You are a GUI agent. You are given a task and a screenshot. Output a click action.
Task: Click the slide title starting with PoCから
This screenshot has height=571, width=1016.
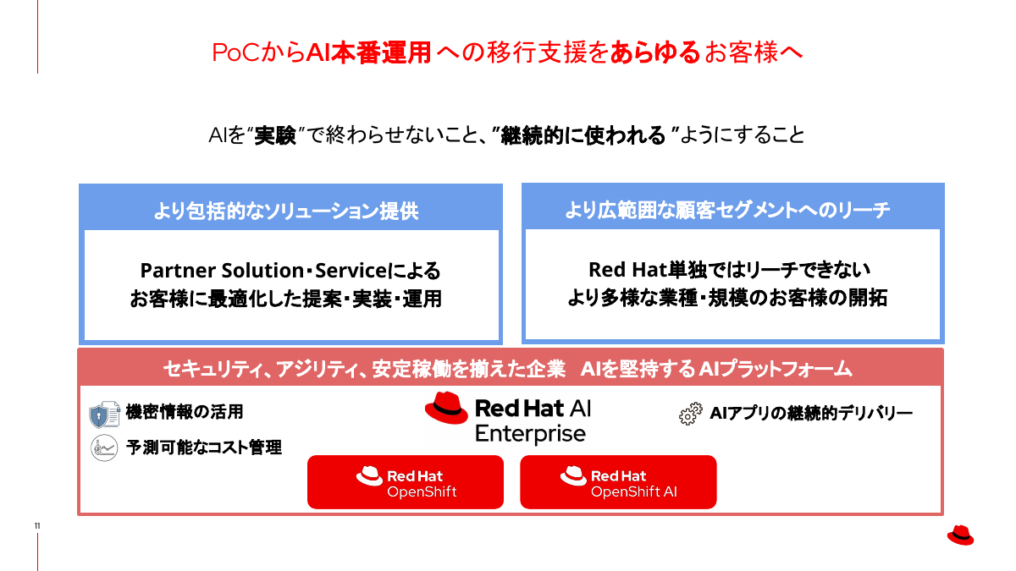point(506,52)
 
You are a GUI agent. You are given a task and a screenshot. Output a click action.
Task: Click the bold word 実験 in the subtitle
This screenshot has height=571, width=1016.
point(275,135)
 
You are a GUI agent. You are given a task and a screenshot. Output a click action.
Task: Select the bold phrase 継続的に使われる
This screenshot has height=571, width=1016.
point(583,135)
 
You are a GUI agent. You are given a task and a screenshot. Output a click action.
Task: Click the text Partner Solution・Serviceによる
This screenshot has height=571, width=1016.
point(290,271)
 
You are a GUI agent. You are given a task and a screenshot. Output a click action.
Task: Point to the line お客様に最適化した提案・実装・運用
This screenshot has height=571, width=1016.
point(286,299)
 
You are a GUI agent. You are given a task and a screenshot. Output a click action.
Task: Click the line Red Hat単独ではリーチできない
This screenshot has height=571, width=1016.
point(729,270)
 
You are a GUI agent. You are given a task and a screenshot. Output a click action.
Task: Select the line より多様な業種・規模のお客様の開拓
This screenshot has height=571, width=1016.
point(727,299)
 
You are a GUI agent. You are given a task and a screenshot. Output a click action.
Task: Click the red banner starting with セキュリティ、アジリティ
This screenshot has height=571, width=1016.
point(508,369)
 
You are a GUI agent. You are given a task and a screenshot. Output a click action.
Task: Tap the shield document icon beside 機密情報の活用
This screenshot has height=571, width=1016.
point(104,415)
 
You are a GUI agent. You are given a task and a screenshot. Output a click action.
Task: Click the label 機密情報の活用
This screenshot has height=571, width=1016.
point(185,412)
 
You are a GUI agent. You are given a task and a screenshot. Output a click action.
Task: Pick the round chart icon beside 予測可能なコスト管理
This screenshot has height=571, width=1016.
point(104,447)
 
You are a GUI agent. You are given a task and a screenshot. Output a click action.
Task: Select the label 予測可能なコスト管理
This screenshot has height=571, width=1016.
point(204,447)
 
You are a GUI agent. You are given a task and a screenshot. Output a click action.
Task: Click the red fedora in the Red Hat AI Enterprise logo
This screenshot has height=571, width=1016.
point(446,408)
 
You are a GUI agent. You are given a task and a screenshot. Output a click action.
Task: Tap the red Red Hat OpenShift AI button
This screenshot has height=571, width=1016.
point(618,482)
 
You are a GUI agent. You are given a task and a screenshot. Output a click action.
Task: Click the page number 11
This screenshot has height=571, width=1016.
point(37,527)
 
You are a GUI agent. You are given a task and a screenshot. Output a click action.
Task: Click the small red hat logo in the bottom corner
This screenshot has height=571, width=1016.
point(960,535)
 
